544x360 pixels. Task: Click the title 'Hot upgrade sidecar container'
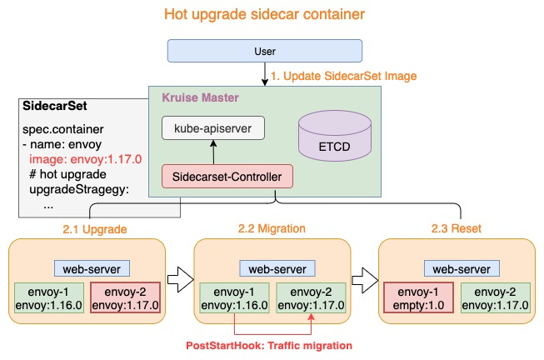pos(264,15)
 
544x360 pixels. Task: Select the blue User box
pos(264,52)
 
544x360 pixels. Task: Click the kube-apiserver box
pos(213,128)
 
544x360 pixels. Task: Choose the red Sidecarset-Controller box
pos(227,177)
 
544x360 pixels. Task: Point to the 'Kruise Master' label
pos(200,97)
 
